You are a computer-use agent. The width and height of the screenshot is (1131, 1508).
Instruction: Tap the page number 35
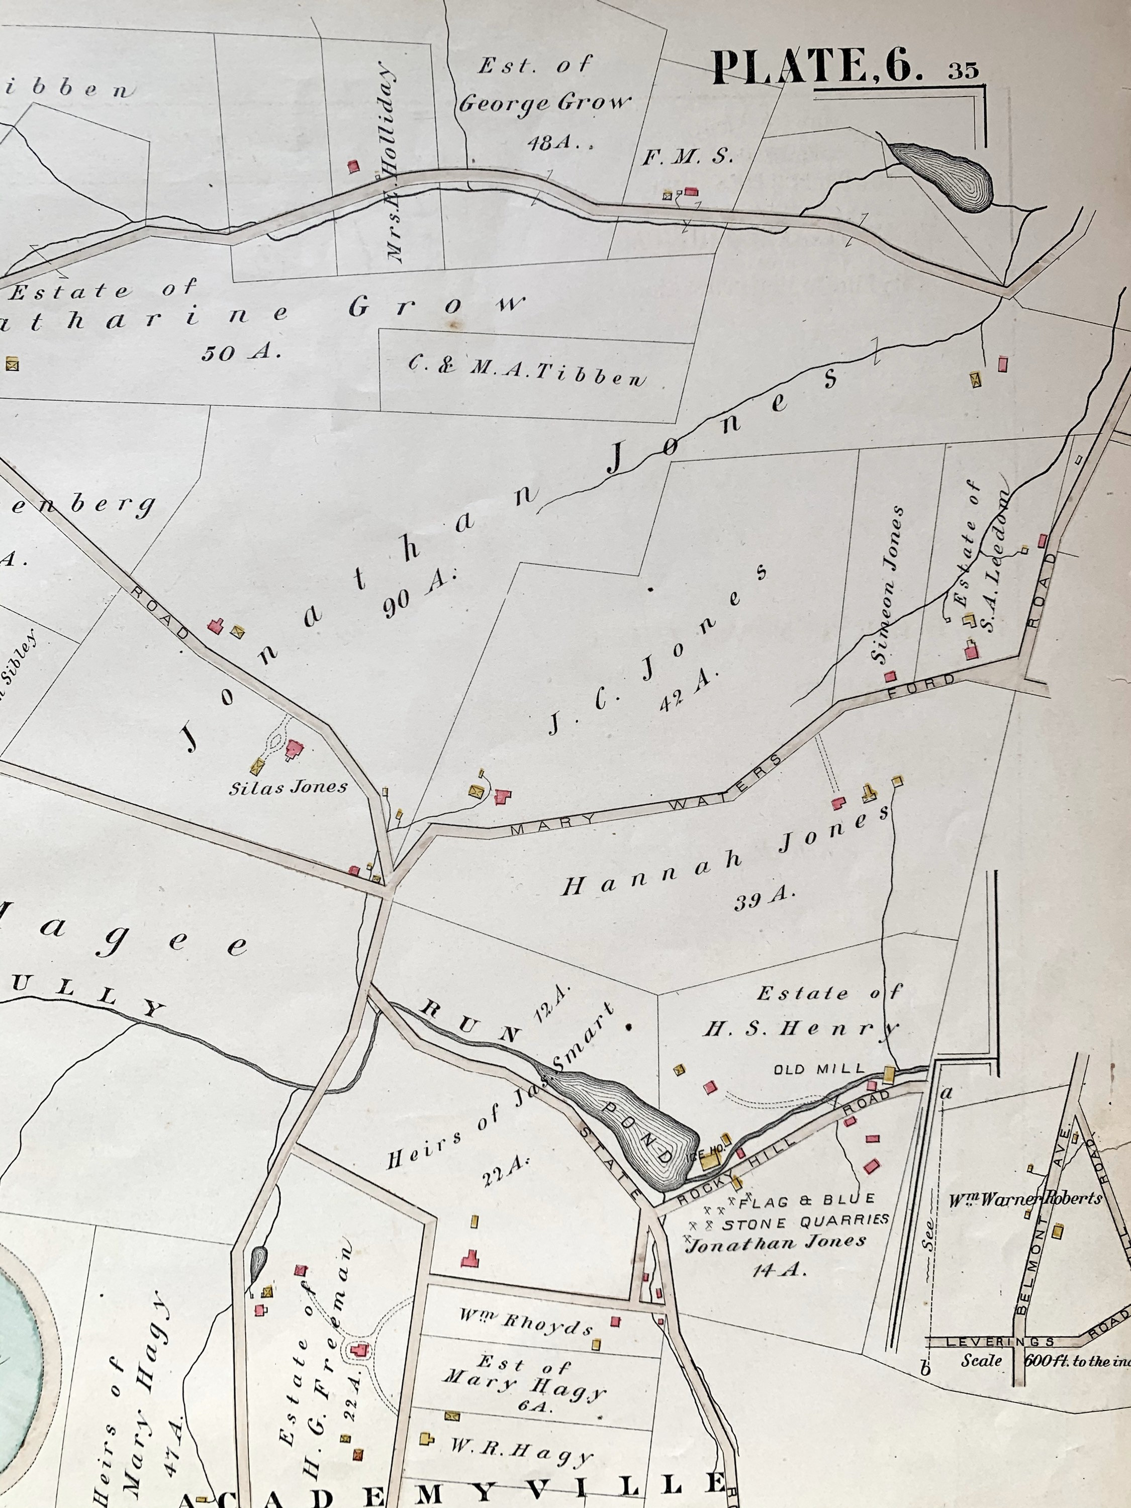963,71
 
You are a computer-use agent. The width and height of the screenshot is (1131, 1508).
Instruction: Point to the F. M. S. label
688,157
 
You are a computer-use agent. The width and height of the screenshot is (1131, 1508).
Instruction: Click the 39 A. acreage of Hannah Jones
764,900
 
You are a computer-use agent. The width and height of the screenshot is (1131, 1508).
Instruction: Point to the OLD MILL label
819,1069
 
